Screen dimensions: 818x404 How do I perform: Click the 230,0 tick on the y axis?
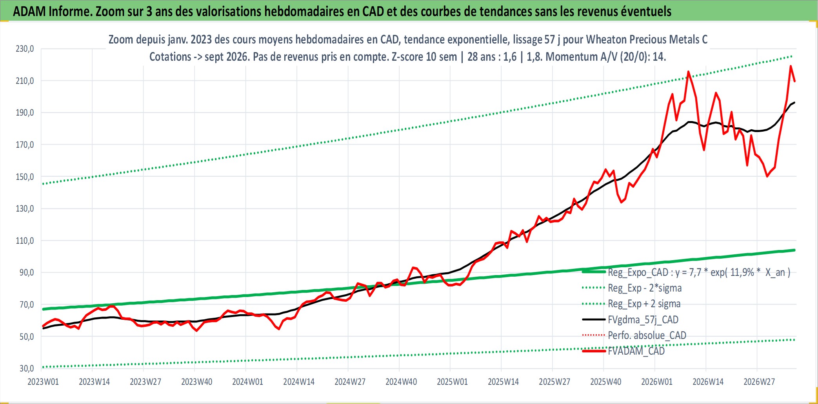click(x=25, y=49)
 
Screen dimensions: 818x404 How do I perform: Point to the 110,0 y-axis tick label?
click(x=25, y=241)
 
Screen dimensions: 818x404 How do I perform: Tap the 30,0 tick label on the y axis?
click(x=27, y=368)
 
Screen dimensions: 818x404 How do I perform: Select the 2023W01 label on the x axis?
click(x=43, y=382)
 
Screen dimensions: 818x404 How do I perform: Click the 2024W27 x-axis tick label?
click(x=350, y=382)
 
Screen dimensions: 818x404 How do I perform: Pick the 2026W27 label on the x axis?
click(x=759, y=382)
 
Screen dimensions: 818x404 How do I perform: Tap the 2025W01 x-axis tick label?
click(x=452, y=382)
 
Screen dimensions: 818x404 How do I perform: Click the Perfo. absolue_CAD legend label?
click(x=647, y=335)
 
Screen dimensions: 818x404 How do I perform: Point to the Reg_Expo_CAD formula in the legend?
click(x=699, y=272)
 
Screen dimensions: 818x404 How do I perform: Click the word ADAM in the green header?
click(x=29, y=11)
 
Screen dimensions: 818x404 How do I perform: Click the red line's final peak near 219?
click(x=791, y=66)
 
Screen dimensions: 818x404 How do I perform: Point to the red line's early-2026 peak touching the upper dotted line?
click(x=688, y=72)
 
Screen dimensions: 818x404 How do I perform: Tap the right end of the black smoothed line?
click(x=794, y=103)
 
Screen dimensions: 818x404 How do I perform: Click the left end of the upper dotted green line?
click(x=43, y=184)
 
